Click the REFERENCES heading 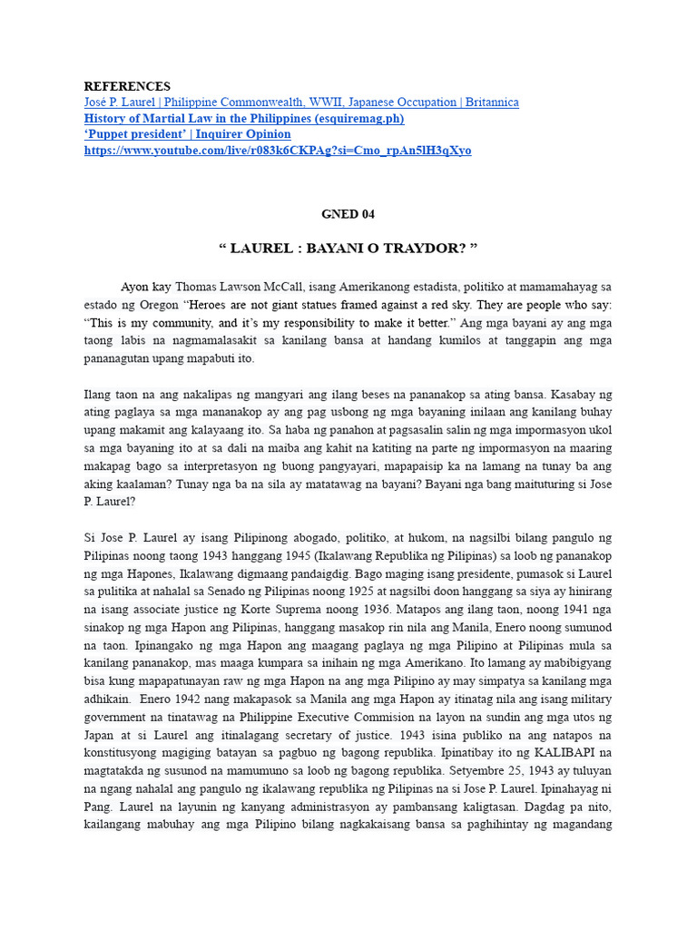[127, 86]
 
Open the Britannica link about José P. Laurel [301, 103]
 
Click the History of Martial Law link [244, 119]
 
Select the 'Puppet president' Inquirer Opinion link [188, 134]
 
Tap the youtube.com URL [278, 151]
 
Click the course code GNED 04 [348, 214]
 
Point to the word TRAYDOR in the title [416, 248]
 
